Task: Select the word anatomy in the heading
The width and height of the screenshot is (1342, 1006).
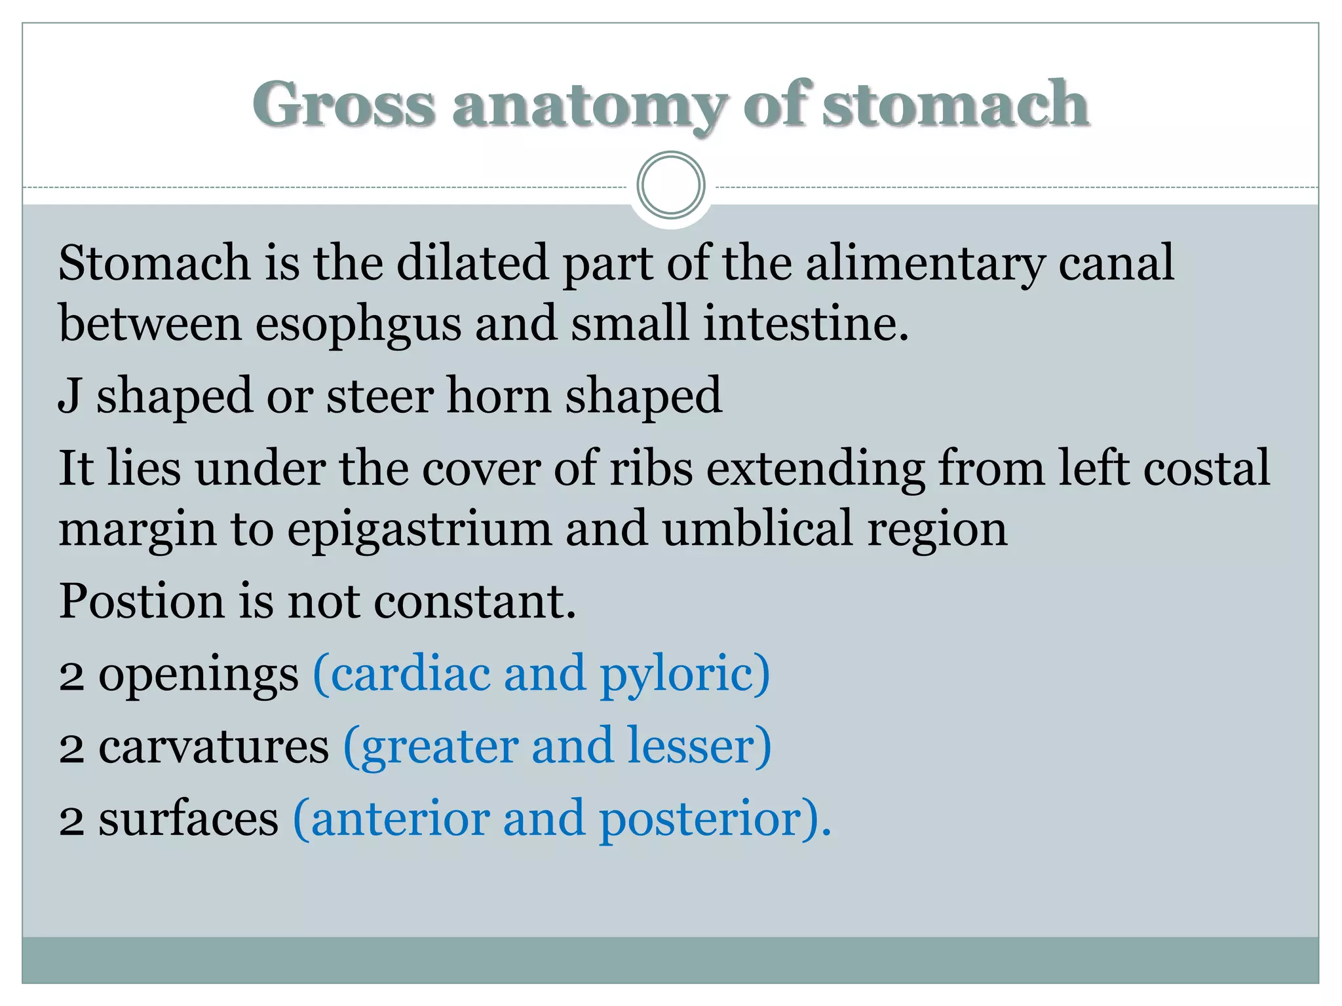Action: click(x=589, y=105)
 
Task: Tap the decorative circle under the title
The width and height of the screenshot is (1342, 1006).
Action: click(x=671, y=185)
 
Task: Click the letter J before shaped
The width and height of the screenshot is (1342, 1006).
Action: click(x=69, y=396)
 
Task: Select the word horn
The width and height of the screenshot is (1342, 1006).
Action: click(x=499, y=396)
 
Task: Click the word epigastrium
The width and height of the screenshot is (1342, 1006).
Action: click(x=419, y=529)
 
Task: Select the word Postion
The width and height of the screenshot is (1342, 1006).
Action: click(x=142, y=601)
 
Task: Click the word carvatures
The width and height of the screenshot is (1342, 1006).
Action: click(x=214, y=747)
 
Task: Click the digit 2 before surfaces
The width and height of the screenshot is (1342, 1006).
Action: click(x=71, y=820)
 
